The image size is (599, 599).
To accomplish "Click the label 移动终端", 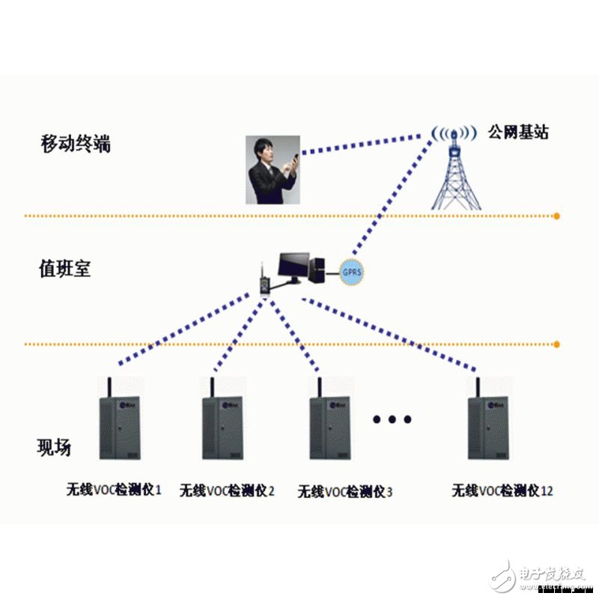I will [75, 144].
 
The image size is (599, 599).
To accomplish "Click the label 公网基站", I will [517, 133].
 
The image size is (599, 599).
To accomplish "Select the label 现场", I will [54, 448].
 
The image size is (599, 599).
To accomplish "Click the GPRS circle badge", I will [350, 270].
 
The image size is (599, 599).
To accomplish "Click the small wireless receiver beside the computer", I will [264, 283].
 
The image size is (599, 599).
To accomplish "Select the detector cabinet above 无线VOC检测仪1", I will [121, 428].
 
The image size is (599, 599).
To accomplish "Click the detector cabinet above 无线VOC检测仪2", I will [222, 428].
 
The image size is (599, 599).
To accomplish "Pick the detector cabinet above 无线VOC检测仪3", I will [330, 428].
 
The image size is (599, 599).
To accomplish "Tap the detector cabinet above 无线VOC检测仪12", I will [488, 428].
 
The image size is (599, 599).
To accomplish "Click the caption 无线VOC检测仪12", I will [502, 491].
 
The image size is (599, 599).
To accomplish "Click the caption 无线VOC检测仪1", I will [114, 490].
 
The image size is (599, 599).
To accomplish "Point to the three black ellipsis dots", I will [392, 419].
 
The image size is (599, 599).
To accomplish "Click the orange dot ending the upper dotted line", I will [557, 216].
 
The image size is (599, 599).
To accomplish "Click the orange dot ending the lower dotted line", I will [557, 344].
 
